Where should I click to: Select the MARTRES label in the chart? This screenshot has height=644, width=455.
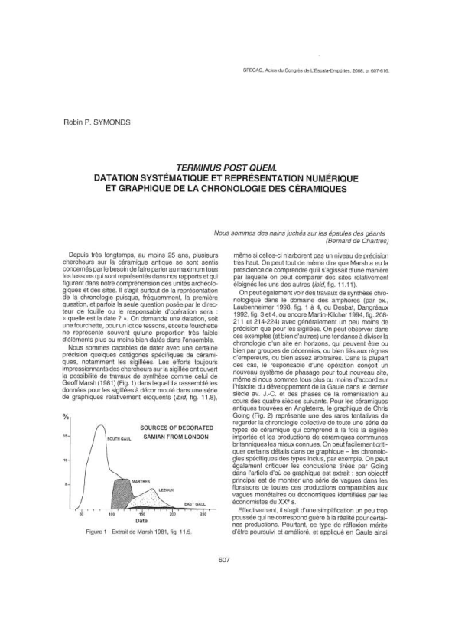pos(140,481)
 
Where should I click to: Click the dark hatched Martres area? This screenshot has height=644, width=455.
pos(122,494)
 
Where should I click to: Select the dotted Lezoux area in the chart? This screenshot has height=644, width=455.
pos(149,501)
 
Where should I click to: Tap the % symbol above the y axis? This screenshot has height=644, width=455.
pos(67,417)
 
